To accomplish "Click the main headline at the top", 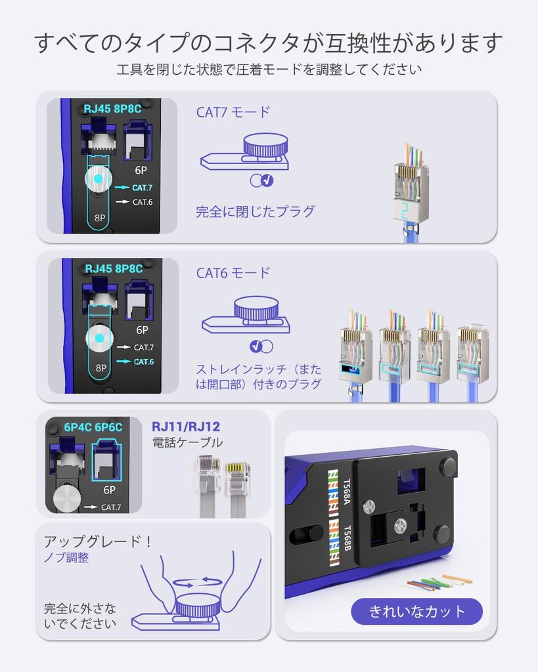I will [x=269, y=43].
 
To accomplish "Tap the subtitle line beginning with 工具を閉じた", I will [x=269, y=70].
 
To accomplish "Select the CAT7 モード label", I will [x=233, y=112].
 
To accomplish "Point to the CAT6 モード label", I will [x=233, y=273].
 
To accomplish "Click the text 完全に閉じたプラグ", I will [x=255, y=212].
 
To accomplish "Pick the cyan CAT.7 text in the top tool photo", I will [x=143, y=188].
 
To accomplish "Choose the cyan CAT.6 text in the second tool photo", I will [x=144, y=362].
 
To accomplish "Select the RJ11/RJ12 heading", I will [x=186, y=427].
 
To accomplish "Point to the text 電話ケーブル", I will [x=187, y=443].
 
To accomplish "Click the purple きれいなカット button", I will [x=417, y=612].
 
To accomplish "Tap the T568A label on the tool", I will [x=347, y=491].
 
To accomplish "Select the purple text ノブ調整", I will [x=66, y=558].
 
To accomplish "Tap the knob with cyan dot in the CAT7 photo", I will [x=98, y=179].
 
